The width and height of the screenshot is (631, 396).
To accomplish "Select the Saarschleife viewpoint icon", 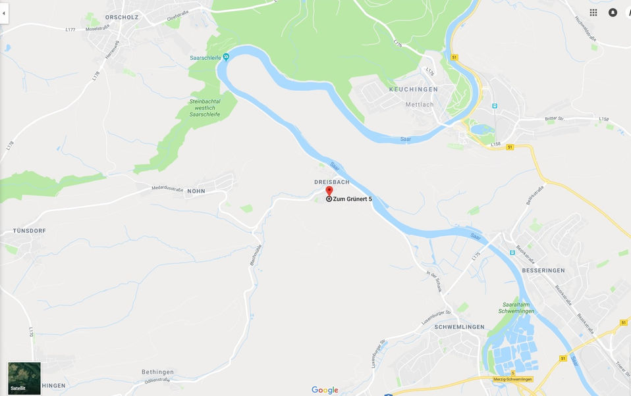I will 226,57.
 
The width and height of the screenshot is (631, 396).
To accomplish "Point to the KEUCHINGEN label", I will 414,89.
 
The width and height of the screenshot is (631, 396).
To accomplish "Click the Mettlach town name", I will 420,104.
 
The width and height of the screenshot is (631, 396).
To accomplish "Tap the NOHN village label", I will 196,191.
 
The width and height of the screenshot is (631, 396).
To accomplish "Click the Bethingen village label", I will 157,372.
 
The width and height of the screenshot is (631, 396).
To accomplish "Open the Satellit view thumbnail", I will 24,378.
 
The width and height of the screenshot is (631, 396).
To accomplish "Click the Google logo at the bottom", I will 325,390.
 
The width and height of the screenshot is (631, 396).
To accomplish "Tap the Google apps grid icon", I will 593,12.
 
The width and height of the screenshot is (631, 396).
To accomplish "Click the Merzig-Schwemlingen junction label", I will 512,380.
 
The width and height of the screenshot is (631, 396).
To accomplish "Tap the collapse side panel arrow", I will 4,12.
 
